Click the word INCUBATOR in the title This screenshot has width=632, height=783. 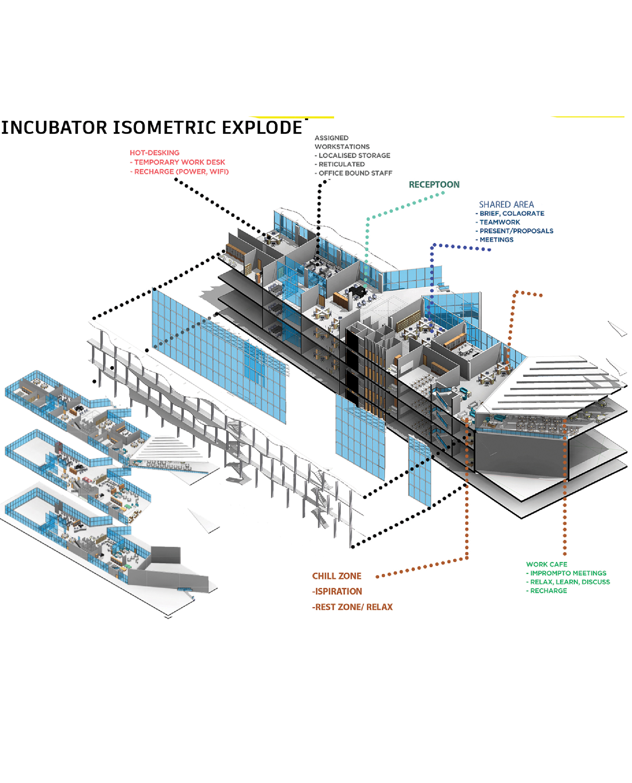[x=55, y=128]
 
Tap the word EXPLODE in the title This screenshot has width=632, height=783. [x=262, y=128]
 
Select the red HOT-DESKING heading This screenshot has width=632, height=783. [x=155, y=153]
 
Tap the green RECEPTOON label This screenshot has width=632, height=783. [x=434, y=185]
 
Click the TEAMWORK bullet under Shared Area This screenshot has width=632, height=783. [x=500, y=222]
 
